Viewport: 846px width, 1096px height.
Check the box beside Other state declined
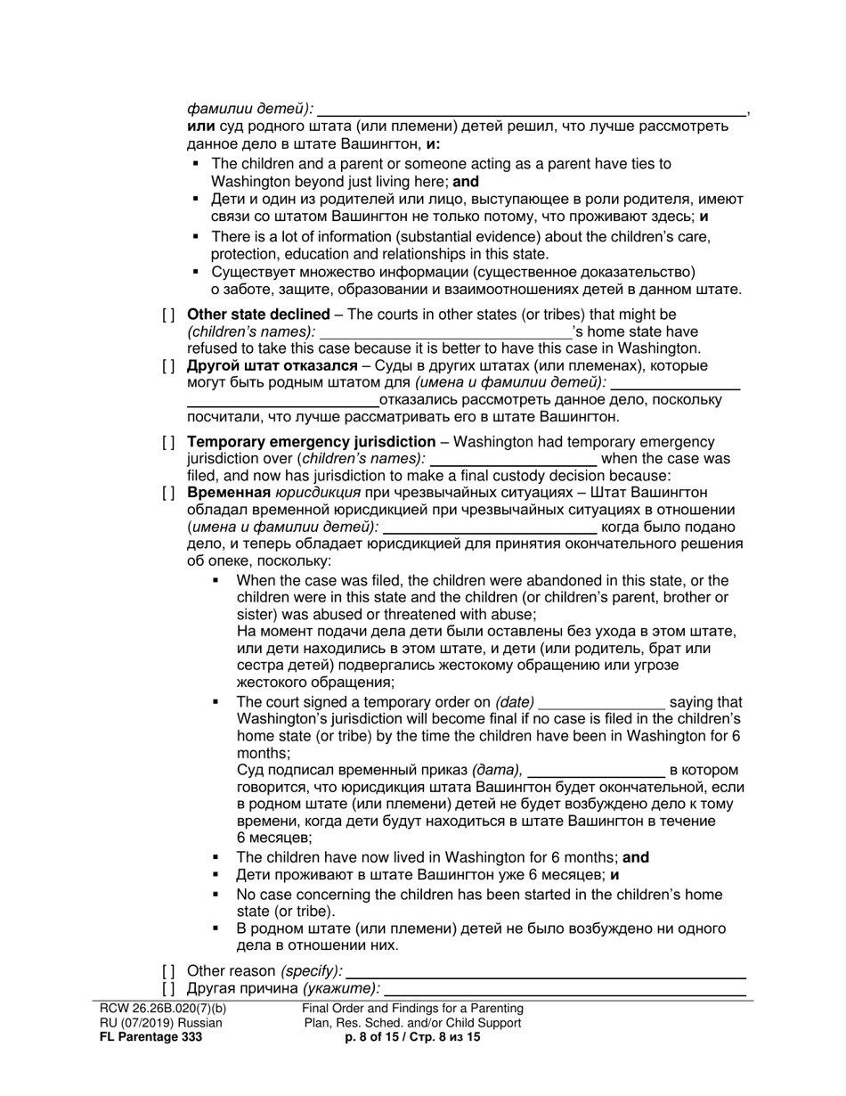[168, 315]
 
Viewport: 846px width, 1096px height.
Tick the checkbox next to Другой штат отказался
[168, 366]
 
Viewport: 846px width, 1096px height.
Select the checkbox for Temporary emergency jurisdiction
[168, 443]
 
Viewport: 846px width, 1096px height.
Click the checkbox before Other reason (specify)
[168, 971]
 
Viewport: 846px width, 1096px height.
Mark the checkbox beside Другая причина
[168, 988]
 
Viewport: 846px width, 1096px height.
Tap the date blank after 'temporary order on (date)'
[602, 704]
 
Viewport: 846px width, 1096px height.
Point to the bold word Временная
[228, 494]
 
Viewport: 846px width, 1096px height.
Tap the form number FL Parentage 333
[150, 1037]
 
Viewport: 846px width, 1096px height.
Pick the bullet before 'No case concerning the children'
[216, 895]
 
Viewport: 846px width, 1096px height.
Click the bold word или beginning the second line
[200, 127]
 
